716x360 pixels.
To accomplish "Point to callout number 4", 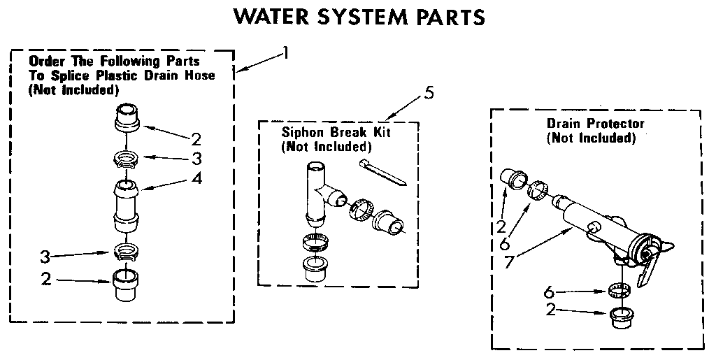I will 197,179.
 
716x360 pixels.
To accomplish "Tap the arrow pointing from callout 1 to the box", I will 259,62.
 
